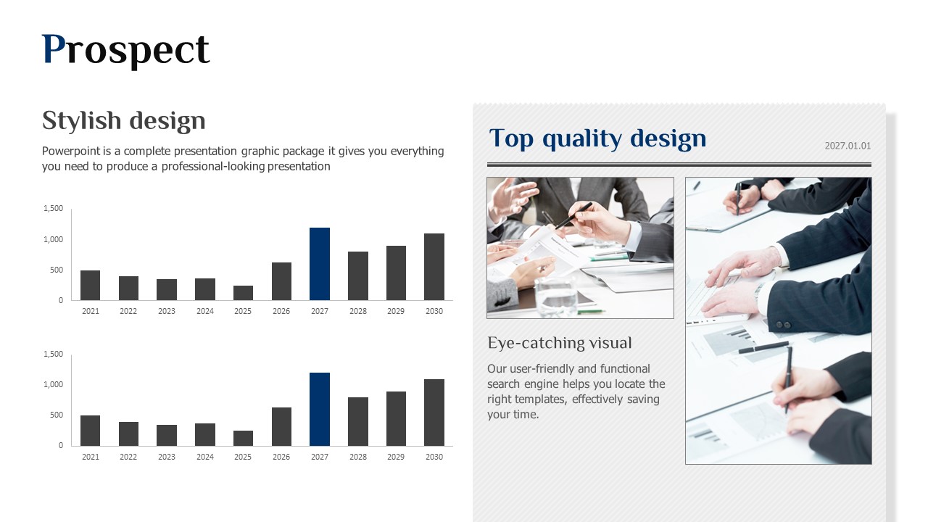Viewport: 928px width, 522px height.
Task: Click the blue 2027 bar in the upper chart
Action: pyautogui.click(x=320, y=264)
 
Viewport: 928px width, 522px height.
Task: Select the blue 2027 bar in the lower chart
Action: pyautogui.click(x=320, y=410)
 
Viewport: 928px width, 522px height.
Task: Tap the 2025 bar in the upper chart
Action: pyautogui.click(x=243, y=293)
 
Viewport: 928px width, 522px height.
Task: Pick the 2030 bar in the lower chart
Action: pyautogui.click(x=434, y=413)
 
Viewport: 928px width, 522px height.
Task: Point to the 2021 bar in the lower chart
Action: pyautogui.click(x=91, y=431)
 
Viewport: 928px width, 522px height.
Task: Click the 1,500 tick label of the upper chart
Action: pyautogui.click(x=54, y=208)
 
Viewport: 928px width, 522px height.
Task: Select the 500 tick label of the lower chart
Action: pyautogui.click(x=57, y=415)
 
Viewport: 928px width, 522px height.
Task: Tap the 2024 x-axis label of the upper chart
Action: pyautogui.click(x=205, y=311)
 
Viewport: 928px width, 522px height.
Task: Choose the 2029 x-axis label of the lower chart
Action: pyautogui.click(x=396, y=457)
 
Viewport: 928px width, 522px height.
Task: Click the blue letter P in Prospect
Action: pyautogui.click(x=54, y=49)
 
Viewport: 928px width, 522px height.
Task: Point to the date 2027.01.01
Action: pyautogui.click(x=848, y=146)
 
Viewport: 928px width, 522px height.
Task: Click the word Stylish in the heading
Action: pyautogui.click(x=82, y=121)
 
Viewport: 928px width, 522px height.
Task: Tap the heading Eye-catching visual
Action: pyautogui.click(x=560, y=343)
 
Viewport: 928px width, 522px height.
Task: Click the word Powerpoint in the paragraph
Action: pyautogui.click(x=71, y=152)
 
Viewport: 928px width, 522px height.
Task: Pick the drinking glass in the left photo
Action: pyautogui.click(x=556, y=297)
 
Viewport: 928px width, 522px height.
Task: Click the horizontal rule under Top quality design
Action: pyautogui.click(x=679, y=165)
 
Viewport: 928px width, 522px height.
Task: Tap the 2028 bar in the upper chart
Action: pyautogui.click(x=358, y=276)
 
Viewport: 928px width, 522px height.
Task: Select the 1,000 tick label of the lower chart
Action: pyautogui.click(x=54, y=384)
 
